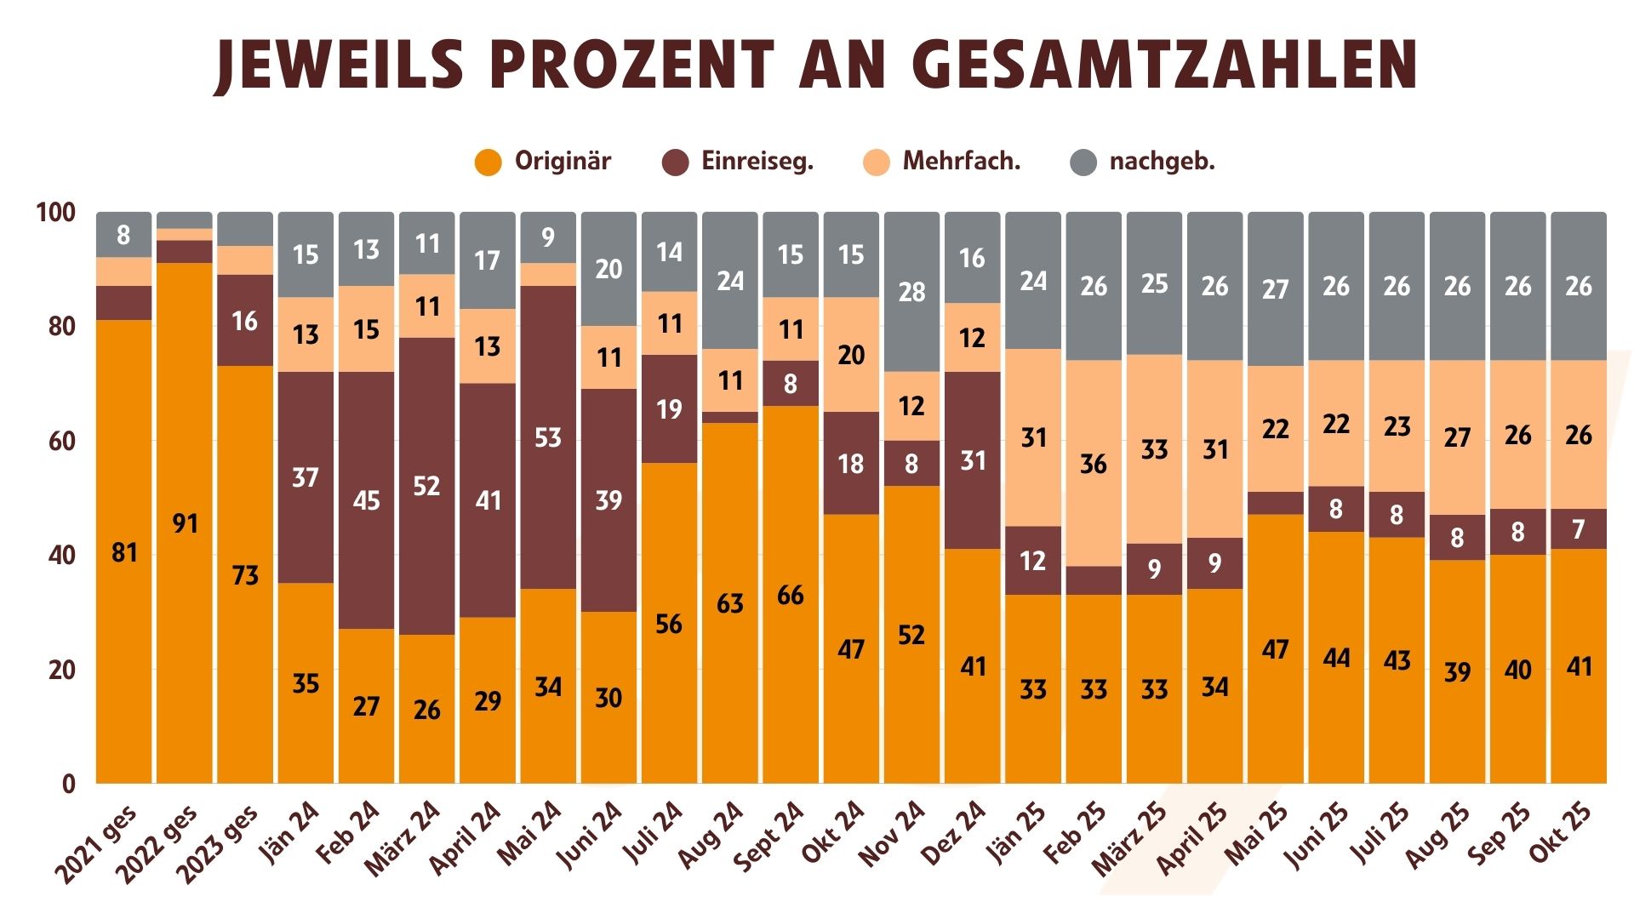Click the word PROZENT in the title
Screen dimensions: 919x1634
[x=631, y=65]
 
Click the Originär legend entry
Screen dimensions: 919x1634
[x=562, y=161]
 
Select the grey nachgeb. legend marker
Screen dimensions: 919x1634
[x=1083, y=162]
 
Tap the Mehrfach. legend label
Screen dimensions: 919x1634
[x=961, y=161]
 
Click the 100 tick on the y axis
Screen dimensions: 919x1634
[x=55, y=212]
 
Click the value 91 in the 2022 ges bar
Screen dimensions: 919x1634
[x=185, y=522]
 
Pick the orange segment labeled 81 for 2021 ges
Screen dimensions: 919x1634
[x=124, y=552]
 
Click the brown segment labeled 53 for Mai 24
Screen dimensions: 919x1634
[x=548, y=437]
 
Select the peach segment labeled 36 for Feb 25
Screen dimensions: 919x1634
[x=1094, y=464]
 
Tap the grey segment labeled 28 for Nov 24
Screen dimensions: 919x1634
[x=911, y=292]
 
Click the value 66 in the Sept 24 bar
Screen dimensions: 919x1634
[x=791, y=595]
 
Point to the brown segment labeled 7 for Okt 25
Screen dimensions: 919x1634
[x=1579, y=529]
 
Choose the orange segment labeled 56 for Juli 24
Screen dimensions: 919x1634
[x=669, y=624]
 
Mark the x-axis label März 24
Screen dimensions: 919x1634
[x=403, y=838]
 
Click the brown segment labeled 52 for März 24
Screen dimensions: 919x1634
[x=426, y=486]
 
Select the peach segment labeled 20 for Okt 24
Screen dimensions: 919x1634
[x=851, y=355]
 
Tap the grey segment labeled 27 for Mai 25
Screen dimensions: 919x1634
[x=1275, y=289]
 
